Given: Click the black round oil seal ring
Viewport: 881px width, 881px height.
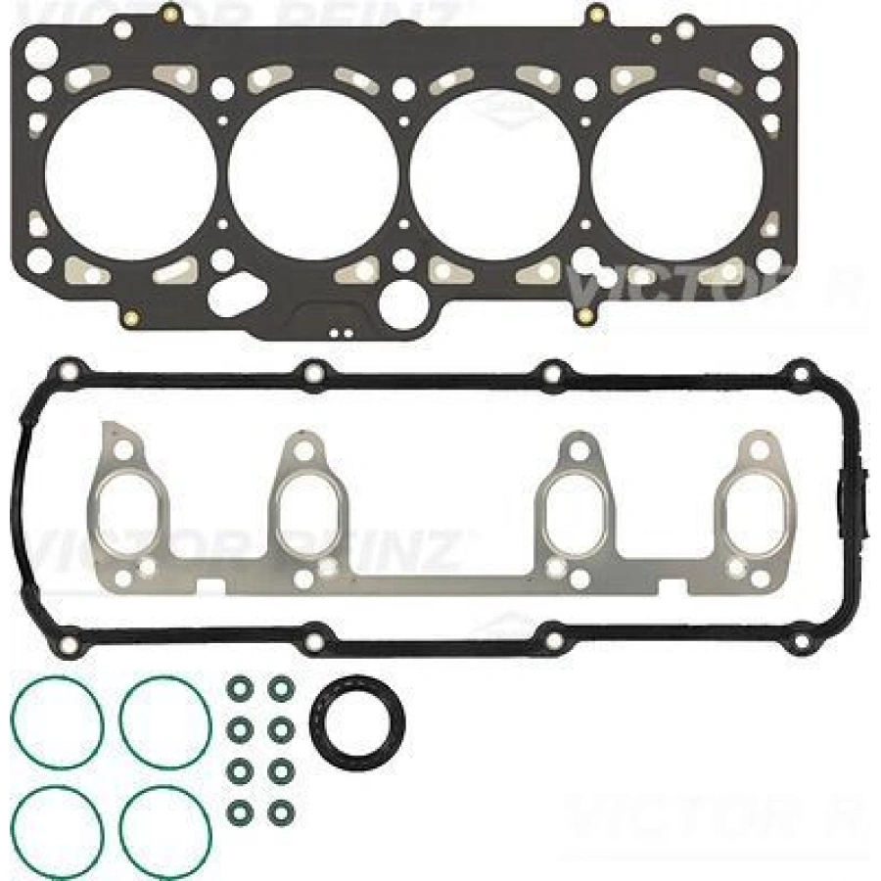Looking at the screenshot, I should click(x=353, y=721).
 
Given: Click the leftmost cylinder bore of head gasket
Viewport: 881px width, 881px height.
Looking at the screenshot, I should click(x=130, y=176).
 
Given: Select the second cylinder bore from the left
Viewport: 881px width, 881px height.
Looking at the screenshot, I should click(x=314, y=176).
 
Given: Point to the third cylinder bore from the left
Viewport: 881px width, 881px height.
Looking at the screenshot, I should click(x=494, y=176).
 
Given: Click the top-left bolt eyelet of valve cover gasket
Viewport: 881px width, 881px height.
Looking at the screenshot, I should click(x=68, y=372).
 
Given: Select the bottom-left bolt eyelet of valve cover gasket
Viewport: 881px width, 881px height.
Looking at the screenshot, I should click(x=68, y=644).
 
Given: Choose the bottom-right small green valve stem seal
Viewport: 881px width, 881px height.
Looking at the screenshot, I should click(x=280, y=812).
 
